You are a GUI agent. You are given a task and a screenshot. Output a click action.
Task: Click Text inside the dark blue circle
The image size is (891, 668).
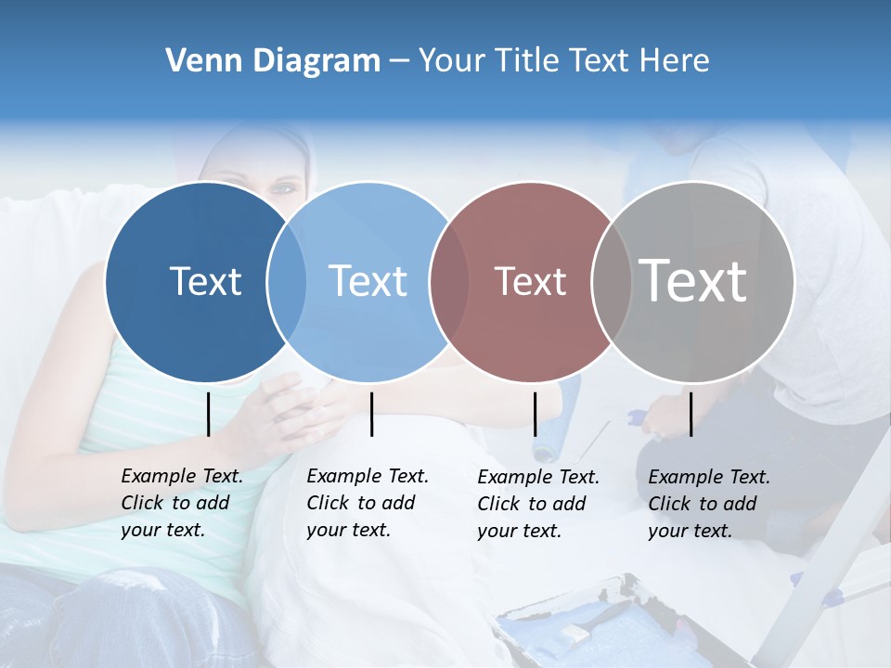click(205, 281)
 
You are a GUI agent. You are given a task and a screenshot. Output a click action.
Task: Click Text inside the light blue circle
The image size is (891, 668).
click(368, 281)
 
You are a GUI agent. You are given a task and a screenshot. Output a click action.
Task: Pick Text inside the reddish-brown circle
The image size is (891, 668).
click(530, 281)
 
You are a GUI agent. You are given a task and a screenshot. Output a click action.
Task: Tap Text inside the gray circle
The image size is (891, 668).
click(693, 281)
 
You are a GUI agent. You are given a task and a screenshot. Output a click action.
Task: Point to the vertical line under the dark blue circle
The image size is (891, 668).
click(209, 414)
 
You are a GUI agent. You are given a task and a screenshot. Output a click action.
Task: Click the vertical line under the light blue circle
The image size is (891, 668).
click(371, 414)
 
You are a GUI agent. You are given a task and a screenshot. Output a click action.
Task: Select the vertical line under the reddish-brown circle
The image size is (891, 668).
click(535, 414)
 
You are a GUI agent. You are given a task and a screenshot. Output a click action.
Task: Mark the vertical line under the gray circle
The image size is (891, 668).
click(691, 414)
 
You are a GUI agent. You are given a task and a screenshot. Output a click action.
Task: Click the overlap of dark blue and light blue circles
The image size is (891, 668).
click(287, 281)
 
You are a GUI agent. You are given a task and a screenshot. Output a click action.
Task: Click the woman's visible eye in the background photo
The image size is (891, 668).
click(282, 188)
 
